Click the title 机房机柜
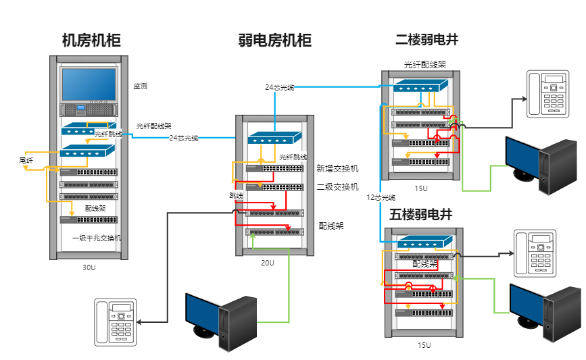point(91,41)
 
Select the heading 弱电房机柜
point(275,41)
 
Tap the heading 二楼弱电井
point(426,41)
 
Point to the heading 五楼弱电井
point(420,215)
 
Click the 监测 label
point(140,86)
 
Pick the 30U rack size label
point(89,268)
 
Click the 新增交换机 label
point(337,169)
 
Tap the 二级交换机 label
point(337,187)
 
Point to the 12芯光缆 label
point(381,198)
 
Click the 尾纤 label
point(26,161)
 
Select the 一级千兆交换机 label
point(97,238)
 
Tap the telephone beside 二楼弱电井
point(550,95)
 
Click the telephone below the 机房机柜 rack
point(116,322)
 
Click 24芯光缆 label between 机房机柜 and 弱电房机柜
point(184,138)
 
